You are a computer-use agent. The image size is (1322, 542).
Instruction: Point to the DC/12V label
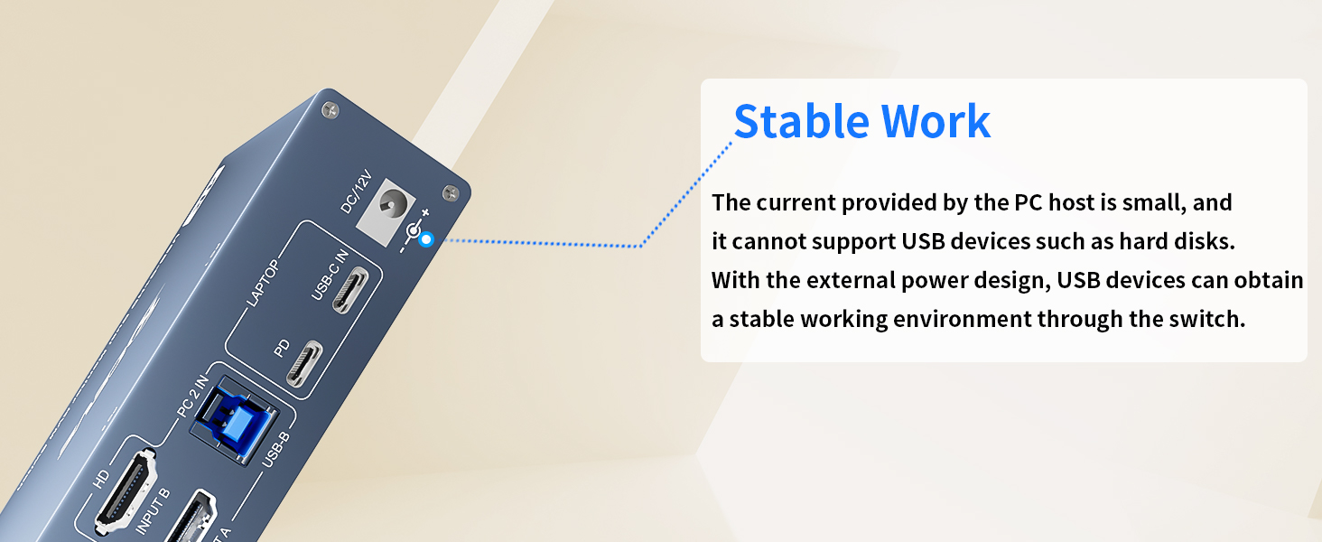[x=357, y=192]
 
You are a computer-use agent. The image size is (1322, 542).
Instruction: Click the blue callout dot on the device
[x=425, y=239]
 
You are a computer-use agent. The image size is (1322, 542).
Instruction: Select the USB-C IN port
[x=350, y=290]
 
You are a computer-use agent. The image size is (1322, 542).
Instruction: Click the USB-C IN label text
[x=330, y=276]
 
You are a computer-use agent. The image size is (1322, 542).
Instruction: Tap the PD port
[x=304, y=364]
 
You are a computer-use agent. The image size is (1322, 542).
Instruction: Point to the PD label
[x=282, y=349]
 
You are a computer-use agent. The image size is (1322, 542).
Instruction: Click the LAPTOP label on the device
[x=263, y=284]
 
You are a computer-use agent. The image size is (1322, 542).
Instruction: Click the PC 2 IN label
[x=192, y=396]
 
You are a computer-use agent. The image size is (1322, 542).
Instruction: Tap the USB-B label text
[x=275, y=450]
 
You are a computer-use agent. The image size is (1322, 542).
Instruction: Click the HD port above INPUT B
[x=126, y=489]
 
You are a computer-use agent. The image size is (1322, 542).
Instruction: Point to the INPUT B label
[x=153, y=512]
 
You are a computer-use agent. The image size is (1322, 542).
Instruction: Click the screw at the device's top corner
[x=330, y=110]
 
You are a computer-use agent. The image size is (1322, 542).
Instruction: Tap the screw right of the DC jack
[x=451, y=192]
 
